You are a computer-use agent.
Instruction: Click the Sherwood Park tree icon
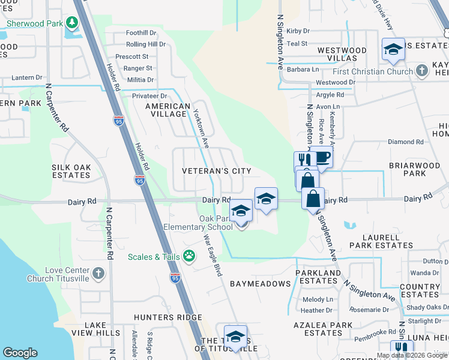click(72, 23)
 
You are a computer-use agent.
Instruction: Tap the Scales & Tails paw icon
click(188, 257)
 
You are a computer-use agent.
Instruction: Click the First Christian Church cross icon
click(422, 71)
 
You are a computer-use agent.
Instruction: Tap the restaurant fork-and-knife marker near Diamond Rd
click(304, 160)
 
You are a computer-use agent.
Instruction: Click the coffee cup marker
click(322, 157)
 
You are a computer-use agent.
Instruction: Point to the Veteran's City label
click(217, 171)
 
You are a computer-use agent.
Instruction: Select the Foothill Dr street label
click(141, 33)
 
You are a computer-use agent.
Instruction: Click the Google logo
click(20, 353)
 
